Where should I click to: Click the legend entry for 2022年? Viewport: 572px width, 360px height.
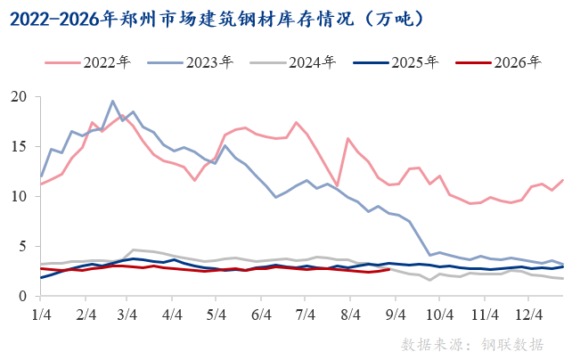tap(88, 62)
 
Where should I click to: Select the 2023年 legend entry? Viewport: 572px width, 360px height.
tap(191, 62)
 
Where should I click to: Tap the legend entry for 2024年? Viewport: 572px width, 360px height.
tap(293, 62)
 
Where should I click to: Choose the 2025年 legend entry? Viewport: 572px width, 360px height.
tap(396, 62)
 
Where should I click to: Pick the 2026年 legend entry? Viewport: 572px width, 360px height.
tap(498, 62)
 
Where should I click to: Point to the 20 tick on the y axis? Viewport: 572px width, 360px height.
tap(19, 97)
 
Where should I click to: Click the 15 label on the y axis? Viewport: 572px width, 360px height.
tap(19, 147)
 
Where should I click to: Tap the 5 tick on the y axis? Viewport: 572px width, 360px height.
tap(23, 246)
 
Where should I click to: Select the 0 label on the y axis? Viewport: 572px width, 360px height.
tap(23, 296)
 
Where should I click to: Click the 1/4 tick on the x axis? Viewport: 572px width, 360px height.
tap(41, 315)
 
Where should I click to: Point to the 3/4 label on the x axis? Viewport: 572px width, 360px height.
tap(127, 315)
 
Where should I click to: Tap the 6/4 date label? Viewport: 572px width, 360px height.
tap(261, 315)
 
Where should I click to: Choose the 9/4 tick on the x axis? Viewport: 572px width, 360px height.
tap(396, 315)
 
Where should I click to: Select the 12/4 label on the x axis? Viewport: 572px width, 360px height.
tap(529, 315)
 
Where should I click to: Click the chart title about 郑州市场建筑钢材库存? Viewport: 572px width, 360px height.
tap(217, 19)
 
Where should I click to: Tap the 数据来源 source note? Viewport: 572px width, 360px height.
tap(472, 344)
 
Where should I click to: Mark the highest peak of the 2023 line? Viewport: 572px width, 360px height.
tap(112, 101)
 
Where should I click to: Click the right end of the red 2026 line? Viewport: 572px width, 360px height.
tap(389, 269)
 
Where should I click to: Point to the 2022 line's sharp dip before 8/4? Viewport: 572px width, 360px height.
tap(337, 186)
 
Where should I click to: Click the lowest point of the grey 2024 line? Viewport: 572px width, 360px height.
tap(429, 280)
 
